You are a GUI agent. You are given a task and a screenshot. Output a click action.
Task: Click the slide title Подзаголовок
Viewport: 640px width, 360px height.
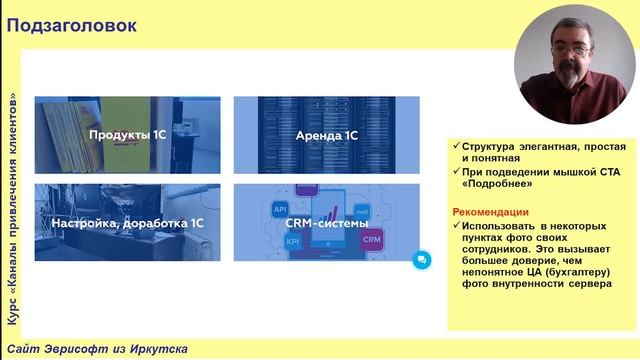[x=72, y=25]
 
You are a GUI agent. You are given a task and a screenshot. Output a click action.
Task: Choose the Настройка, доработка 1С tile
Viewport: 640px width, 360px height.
[x=127, y=223]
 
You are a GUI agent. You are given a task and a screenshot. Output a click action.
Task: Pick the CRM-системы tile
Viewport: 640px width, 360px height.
[x=326, y=223]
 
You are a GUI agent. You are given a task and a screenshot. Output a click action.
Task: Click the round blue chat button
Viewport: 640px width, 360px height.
[x=421, y=259]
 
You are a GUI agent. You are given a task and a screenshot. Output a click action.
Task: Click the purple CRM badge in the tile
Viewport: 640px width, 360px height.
[x=371, y=240]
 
